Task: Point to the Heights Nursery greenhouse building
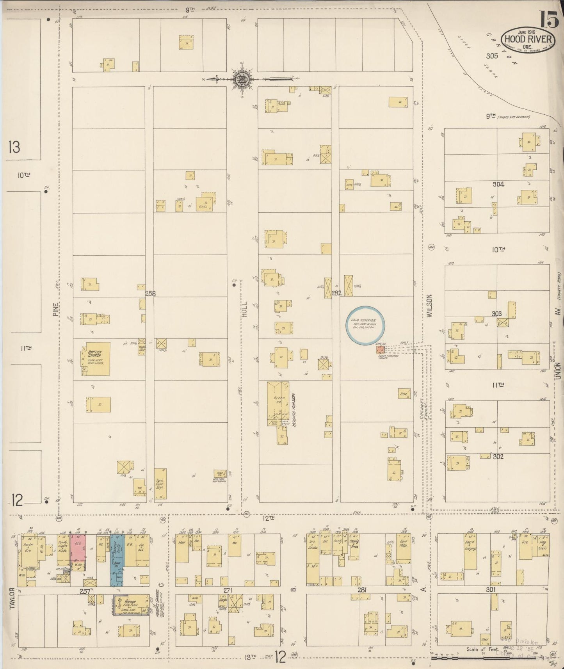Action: point(278,402)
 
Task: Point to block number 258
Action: point(150,294)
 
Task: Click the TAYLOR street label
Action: point(12,598)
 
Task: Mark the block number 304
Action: point(498,184)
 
